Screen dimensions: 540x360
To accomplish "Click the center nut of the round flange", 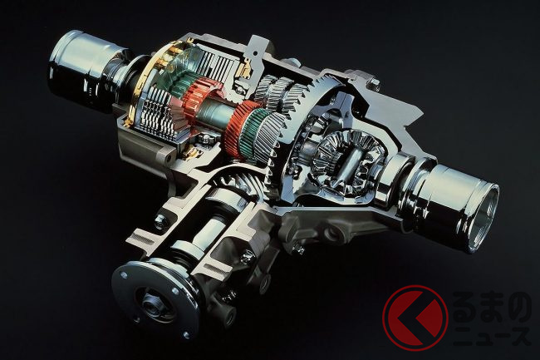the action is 151,305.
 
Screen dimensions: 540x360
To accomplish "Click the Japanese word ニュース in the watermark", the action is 492,336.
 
